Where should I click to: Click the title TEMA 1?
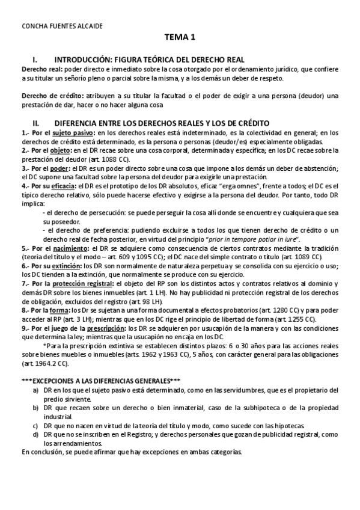click(x=180, y=38)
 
